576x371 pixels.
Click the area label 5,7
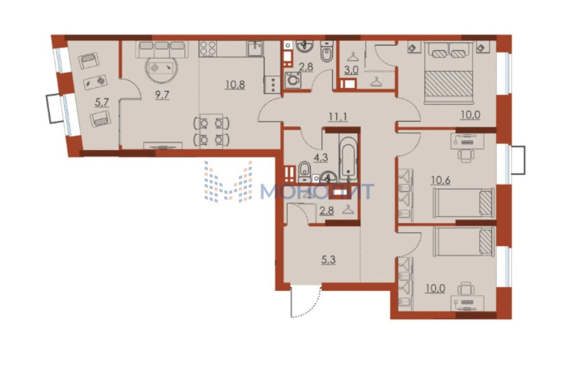click(x=102, y=103)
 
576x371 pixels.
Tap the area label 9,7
click(x=162, y=95)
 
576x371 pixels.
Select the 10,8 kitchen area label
click(x=235, y=84)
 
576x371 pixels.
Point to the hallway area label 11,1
click(x=338, y=117)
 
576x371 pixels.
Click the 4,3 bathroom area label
click(x=321, y=157)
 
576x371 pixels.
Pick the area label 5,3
click(x=328, y=260)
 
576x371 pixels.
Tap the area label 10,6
click(x=441, y=181)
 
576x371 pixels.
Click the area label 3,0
click(x=351, y=70)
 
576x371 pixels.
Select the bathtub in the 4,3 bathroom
click(x=348, y=158)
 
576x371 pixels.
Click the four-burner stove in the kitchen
click(x=208, y=49)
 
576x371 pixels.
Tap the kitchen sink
click(x=255, y=48)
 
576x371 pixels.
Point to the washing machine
click(x=293, y=80)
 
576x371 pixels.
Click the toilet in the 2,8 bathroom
click(x=327, y=51)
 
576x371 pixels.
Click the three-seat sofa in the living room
click(x=162, y=49)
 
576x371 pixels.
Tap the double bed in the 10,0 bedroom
click(x=449, y=72)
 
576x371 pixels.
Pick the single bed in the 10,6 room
click(x=464, y=203)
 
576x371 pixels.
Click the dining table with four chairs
click(x=211, y=132)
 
